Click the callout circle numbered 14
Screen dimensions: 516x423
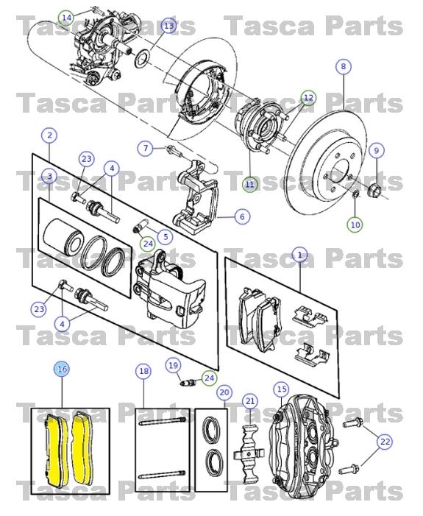point(67,16)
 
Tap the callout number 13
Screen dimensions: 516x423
point(168,26)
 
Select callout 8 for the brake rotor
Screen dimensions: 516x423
point(343,67)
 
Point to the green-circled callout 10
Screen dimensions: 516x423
point(355,224)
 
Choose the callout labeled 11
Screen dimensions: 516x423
point(250,184)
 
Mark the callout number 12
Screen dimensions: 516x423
point(308,97)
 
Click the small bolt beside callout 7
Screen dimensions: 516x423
point(173,151)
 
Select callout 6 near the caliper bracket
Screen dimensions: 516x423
point(240,216)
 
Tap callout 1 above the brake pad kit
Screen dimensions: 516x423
point(299,255)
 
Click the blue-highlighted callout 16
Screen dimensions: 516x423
point(62,369)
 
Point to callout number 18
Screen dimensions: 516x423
point(143,371)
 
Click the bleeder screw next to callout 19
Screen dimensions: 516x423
point(188,381)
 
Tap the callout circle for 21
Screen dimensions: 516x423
point(250,400)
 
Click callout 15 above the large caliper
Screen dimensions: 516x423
point(281,388)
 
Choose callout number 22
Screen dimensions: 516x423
point(385,442)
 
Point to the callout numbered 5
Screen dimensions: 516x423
point(164,236)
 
